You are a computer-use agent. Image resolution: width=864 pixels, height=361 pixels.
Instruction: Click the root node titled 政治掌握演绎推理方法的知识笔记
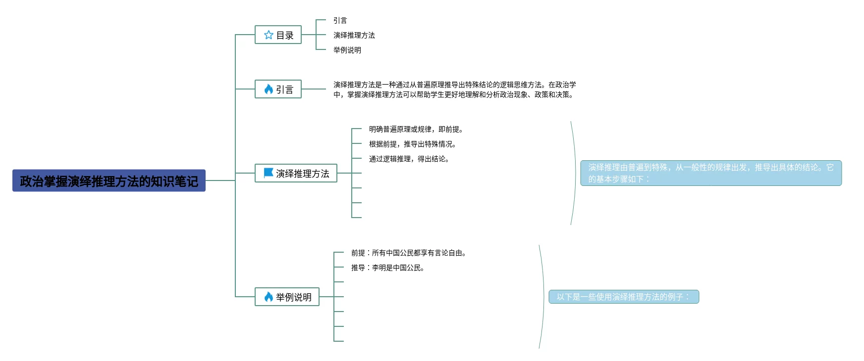click(x=109, y=181)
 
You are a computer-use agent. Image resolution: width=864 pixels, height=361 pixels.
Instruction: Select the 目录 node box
click(x=278, y=35)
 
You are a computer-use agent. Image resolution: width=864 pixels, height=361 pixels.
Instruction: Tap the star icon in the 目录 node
click(x=269, y=35)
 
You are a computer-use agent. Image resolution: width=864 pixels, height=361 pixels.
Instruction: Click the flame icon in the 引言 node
click(x=269, y=89)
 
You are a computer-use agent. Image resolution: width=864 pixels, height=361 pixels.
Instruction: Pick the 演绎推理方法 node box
click(x=296, y=173)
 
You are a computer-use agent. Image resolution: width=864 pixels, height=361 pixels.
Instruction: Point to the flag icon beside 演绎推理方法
click(x=269, y=173)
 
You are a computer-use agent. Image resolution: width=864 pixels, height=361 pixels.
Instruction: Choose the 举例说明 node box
click(x=287, y=297)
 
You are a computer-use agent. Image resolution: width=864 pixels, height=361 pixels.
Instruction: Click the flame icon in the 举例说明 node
click(x=269, y=297)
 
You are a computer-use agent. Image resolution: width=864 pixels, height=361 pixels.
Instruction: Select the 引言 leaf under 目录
click(x=340, y=20)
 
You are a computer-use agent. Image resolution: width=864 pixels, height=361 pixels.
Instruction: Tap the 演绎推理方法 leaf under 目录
click(x=354, y=35)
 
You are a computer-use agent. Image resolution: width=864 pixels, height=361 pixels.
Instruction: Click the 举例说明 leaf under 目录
click(x=347, y=50)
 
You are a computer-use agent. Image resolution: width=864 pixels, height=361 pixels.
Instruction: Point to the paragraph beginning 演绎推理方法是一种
click(x=454, y=90)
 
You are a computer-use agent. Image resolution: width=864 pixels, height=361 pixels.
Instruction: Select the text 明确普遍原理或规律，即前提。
click(x=416, y=129)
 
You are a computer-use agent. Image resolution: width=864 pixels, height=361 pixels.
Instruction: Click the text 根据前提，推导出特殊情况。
click(x=412, y=144)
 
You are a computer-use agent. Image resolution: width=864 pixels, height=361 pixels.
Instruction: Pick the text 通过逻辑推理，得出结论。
click(x=409, y=159)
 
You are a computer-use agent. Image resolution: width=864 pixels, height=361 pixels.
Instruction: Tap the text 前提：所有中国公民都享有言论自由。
click(x=409, y=253)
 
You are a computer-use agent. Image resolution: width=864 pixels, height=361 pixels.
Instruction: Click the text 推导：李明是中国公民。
click(x=388, y=268)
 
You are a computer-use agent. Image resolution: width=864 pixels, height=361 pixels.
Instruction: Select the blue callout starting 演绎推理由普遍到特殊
click(x=711, y=173)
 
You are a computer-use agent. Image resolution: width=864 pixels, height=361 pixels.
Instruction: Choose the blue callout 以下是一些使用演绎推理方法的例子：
click(x=624, y=297)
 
